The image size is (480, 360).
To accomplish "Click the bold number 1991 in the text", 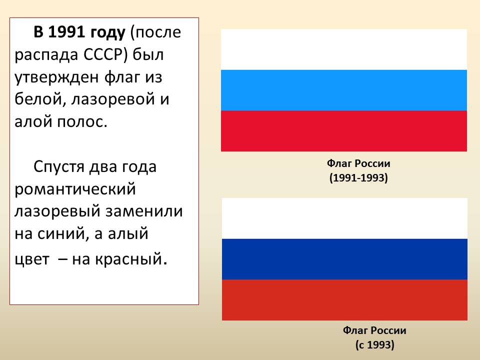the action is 66,32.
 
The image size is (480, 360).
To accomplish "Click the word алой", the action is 33,121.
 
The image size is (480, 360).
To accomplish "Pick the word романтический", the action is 75,189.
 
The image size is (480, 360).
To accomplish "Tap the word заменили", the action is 144,211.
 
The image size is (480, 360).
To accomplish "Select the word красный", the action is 128,259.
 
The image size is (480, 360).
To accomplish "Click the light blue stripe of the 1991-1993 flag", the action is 344,90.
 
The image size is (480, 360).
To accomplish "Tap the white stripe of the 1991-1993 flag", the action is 344,49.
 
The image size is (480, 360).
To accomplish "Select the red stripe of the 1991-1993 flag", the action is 344,131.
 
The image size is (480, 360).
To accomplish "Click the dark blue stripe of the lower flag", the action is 344,259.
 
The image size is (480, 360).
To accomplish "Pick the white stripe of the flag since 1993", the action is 344,218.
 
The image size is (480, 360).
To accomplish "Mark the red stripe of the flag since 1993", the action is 344,300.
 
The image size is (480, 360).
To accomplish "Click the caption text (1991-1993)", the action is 358,178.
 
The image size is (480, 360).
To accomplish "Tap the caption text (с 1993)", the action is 374,345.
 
